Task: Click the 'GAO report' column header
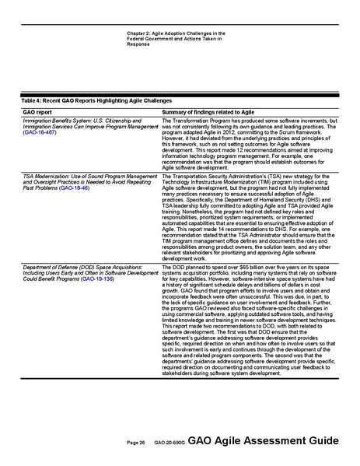[x=39, y=113]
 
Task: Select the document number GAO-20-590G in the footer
[x=168, y=442]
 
